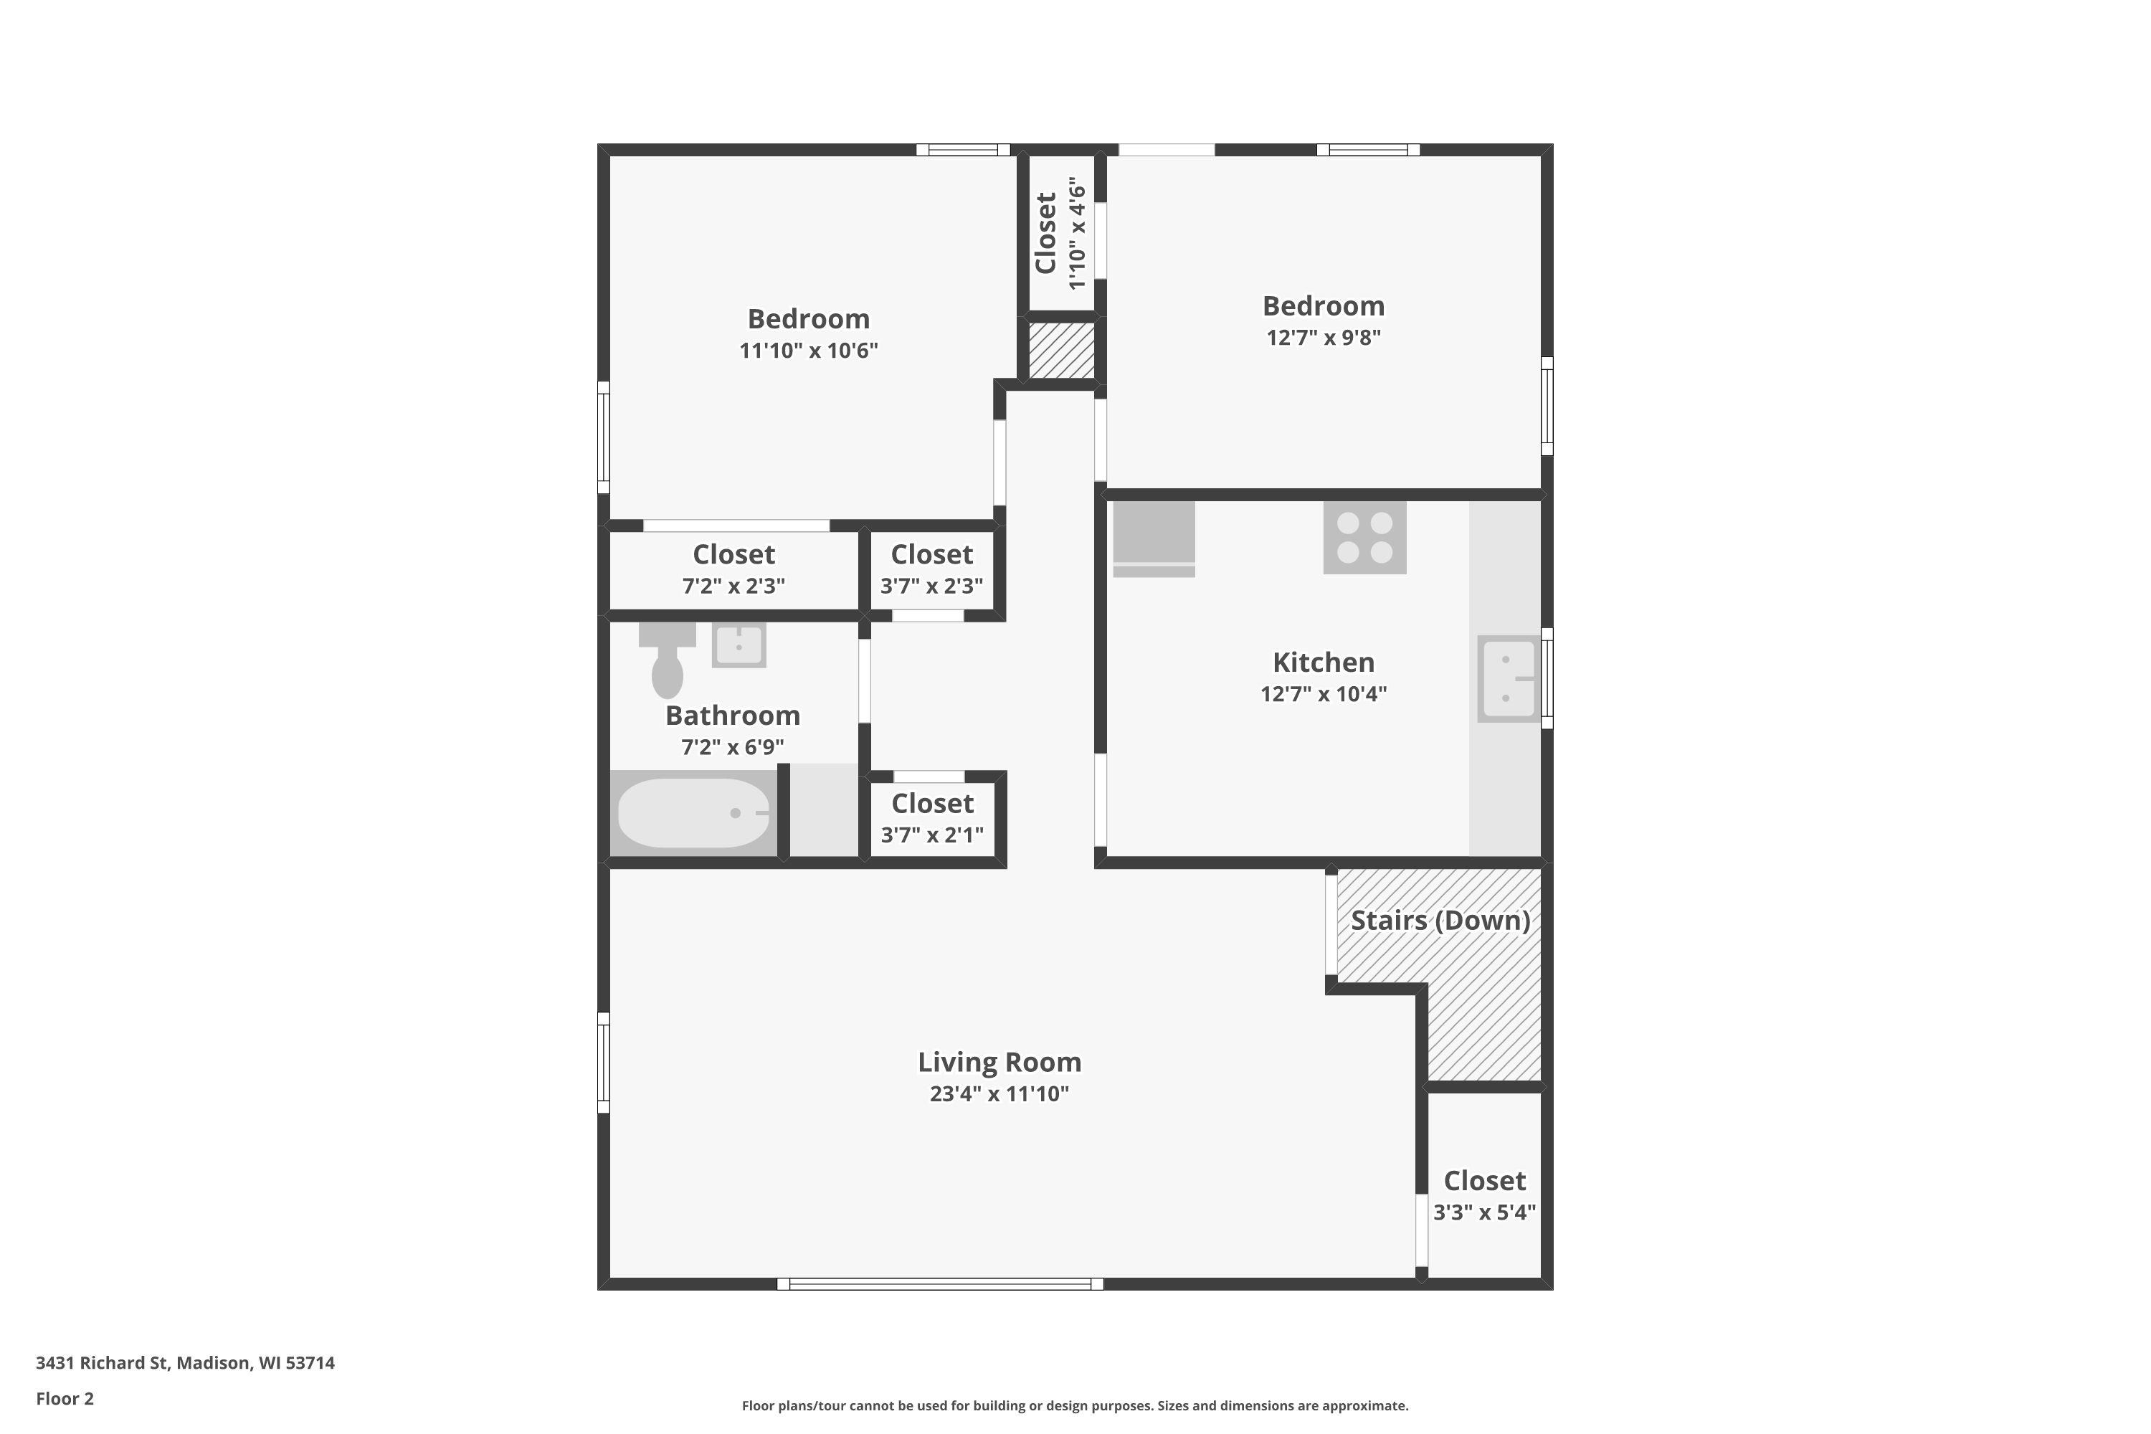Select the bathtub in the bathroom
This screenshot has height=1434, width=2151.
tap(693, 813)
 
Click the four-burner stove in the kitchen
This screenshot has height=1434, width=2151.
tap(1364, 538)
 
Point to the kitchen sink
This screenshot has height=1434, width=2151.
tap(1507, 678)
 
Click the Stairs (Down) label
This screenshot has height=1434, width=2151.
tap(1440, 920)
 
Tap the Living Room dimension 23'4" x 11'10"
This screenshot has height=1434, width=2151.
tap(999, 1094)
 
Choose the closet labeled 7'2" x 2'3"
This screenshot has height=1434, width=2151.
tap(733, 569)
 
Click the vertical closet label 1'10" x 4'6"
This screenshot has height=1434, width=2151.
tap(1078, 234)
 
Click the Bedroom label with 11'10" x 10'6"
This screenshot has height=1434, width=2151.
tap(809, 319)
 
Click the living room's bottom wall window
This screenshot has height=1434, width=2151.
tap(939, 1284)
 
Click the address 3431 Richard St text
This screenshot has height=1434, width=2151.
tap(185, 1363)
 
